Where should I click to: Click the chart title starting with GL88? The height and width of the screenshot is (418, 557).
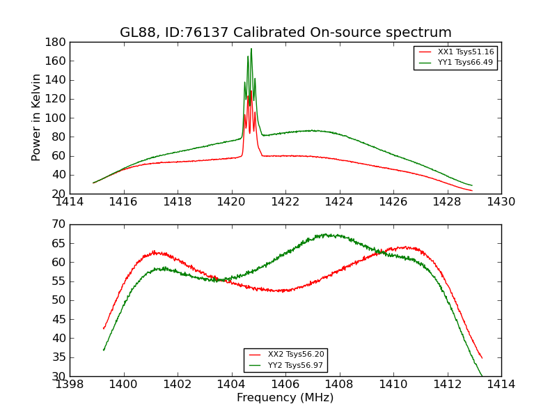click(285, 33)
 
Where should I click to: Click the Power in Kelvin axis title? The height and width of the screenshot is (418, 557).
click(36, 117)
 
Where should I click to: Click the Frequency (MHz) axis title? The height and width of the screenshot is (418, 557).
click(285, 398)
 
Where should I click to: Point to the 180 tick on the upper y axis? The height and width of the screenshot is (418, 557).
click(56, 42)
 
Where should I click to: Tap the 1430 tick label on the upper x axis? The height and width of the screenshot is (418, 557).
click(501, 202)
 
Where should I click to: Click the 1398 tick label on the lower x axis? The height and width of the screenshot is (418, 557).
click(70, 384)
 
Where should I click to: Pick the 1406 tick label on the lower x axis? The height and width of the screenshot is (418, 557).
click(285, 384)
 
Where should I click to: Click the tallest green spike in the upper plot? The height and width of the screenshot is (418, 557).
click(251, 49)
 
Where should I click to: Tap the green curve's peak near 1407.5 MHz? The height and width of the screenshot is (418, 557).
click(325, 235)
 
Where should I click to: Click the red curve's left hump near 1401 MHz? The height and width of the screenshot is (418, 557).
click(155, 252)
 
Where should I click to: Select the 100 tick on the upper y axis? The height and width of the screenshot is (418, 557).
click(56, 118)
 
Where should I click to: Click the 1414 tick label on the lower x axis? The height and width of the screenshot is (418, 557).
click(501, 384)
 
